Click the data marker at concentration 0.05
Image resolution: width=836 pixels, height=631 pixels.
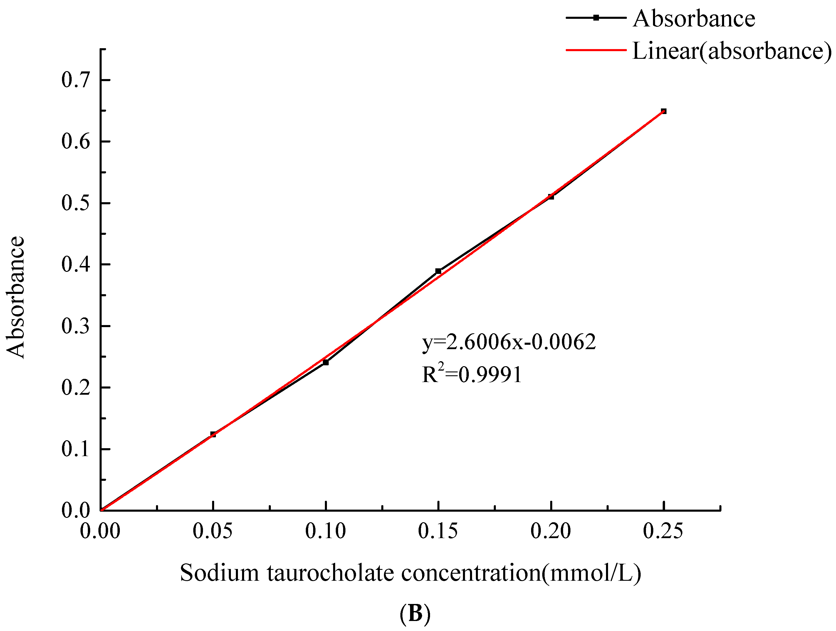(213, 434)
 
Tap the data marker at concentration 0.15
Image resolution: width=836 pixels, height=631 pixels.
(438, 271)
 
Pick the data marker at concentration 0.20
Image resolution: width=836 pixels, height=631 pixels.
(551, 197)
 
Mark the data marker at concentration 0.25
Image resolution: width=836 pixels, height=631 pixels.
(664, 111)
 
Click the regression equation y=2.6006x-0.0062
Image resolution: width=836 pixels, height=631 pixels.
(509, 342)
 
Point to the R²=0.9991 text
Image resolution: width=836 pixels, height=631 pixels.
(472, 374)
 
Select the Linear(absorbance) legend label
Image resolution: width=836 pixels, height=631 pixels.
(732, 51)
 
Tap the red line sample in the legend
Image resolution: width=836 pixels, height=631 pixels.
(596, 50)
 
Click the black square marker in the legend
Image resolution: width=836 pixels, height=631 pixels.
(596, 18)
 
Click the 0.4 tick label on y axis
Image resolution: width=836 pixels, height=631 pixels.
(75, 264)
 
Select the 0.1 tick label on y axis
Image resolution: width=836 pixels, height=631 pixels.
(75, 449)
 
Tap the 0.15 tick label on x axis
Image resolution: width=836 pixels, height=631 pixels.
(438, 531)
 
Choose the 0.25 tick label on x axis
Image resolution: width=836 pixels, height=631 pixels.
(663, 531)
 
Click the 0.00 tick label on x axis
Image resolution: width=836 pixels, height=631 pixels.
(100, 531)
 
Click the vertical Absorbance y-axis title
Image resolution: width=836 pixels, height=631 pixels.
(16, 297)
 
